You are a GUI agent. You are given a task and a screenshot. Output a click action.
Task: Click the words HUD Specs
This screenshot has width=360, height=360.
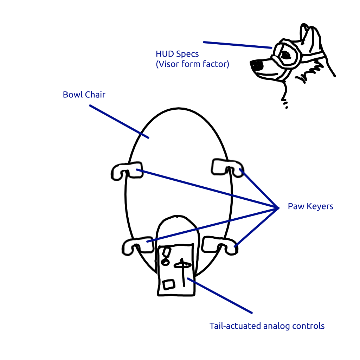point(177,54)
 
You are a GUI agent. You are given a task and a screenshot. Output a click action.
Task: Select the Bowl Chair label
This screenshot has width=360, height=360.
point(84,95)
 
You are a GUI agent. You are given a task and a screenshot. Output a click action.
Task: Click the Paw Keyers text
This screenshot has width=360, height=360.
point(310,206)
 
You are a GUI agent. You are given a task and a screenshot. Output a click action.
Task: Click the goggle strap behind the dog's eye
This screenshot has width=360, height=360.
point(311,54)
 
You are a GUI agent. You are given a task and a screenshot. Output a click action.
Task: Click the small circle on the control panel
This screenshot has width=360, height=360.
point(165,262)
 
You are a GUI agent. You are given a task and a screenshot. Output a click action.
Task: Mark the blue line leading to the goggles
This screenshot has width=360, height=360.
point(237,45)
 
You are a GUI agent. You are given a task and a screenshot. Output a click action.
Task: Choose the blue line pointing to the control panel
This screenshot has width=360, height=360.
point(220,295)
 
